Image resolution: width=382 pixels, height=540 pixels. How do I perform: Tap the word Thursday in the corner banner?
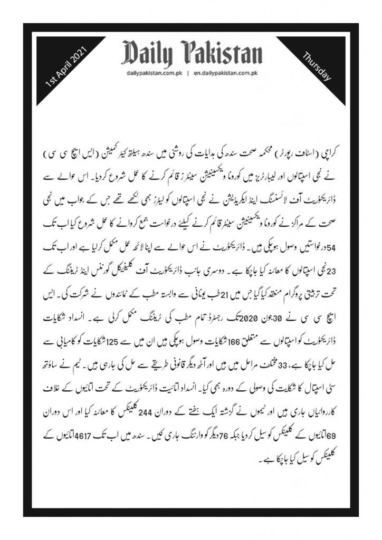317,66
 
